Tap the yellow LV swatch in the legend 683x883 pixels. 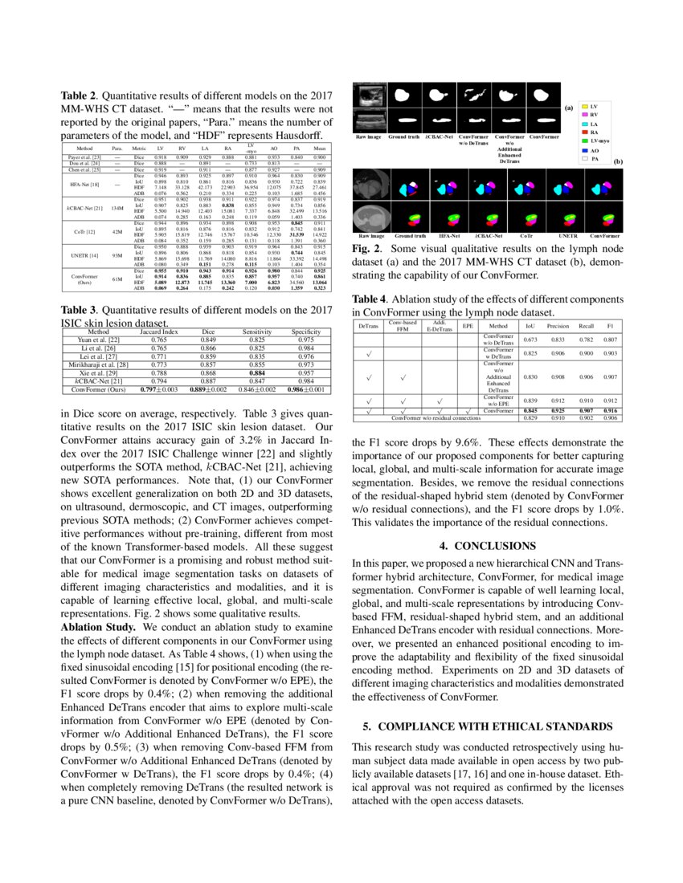tap(584, 106)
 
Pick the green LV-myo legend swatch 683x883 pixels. tap(584, 140)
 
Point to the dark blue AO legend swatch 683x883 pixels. tap(584, 150)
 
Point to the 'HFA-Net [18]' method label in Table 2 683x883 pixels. tap(84, 185)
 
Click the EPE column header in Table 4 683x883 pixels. tap(468, 328)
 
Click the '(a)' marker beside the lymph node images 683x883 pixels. tap(568, 107)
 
